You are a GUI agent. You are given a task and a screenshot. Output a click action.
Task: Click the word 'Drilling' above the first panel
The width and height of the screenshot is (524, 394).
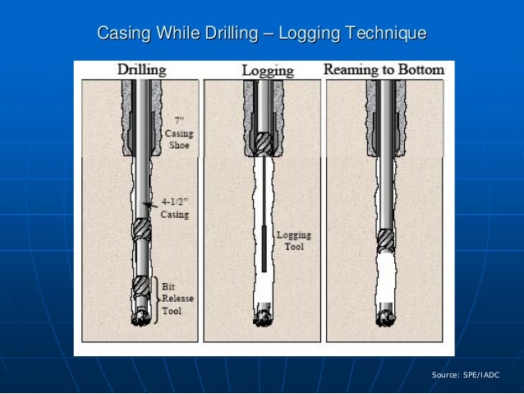[141, 70]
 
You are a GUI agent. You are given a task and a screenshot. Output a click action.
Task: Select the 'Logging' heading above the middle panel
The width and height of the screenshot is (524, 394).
[267, 71]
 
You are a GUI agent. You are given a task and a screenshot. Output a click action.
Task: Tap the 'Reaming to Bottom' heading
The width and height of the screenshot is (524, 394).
[384, 70]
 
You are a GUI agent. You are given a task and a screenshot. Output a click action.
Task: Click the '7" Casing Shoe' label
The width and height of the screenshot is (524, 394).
[178, 132]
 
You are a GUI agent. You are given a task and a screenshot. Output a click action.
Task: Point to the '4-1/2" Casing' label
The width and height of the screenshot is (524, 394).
[173, 208]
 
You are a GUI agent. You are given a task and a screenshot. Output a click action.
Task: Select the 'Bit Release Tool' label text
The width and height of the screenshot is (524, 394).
[177, 299]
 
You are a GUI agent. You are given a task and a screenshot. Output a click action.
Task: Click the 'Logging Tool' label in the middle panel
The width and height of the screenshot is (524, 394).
[293, 241]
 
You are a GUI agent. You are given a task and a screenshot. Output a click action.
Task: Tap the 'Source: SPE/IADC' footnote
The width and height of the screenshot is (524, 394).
[465, 375]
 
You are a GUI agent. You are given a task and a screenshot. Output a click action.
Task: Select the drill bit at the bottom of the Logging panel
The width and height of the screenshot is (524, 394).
[263, 316]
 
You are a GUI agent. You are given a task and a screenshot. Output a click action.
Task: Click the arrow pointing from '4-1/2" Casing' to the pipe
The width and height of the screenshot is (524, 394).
[149, 206]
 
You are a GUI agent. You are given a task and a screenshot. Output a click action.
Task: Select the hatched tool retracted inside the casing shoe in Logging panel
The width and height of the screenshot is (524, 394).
[263, 145]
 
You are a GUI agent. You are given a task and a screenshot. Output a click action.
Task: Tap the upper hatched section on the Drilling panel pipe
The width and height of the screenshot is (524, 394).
[142, 229]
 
